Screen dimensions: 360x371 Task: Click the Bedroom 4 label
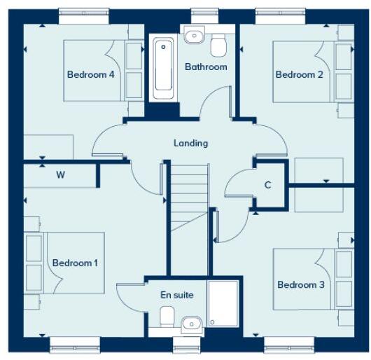(x=91, y=75)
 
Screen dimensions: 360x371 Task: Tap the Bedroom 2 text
(x=299, y=75)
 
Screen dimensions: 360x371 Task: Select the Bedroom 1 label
(x=75, y=263)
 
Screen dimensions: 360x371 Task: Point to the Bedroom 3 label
(x=301, y=284)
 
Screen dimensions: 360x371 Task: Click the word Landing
(x=191, y=143)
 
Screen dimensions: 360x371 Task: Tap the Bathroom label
(x=206, y=67)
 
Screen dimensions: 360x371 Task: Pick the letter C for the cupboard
(x=267, y=185)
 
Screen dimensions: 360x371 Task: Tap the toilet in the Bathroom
(x=219, y=45)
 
